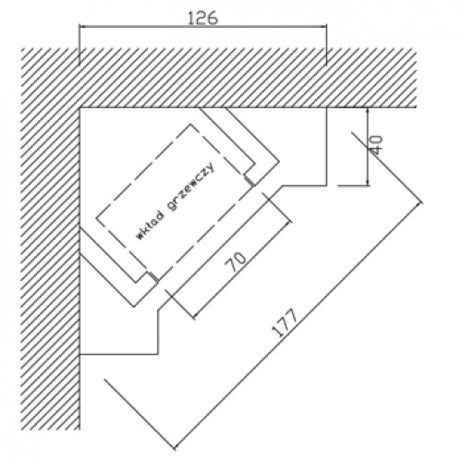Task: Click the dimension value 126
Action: (202, 18)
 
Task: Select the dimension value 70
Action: (236, 261)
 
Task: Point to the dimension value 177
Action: (286, 322)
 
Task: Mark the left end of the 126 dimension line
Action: (79, 27)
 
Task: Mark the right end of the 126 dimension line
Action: (326, 27)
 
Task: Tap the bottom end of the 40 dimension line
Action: (368, 186)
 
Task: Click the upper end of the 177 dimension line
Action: (420, 202)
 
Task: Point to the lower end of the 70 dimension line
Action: (193, 317)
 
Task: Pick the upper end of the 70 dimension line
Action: (289, 221)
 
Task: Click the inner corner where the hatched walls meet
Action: (80, 108)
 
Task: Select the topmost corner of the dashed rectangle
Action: (190, 124)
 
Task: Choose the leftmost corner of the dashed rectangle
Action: (96, 219)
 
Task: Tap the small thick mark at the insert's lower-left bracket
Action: (153, 277)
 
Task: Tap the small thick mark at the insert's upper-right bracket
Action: (250, 181)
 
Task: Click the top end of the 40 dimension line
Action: (368, 108)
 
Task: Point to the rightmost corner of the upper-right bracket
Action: (279, 161)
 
